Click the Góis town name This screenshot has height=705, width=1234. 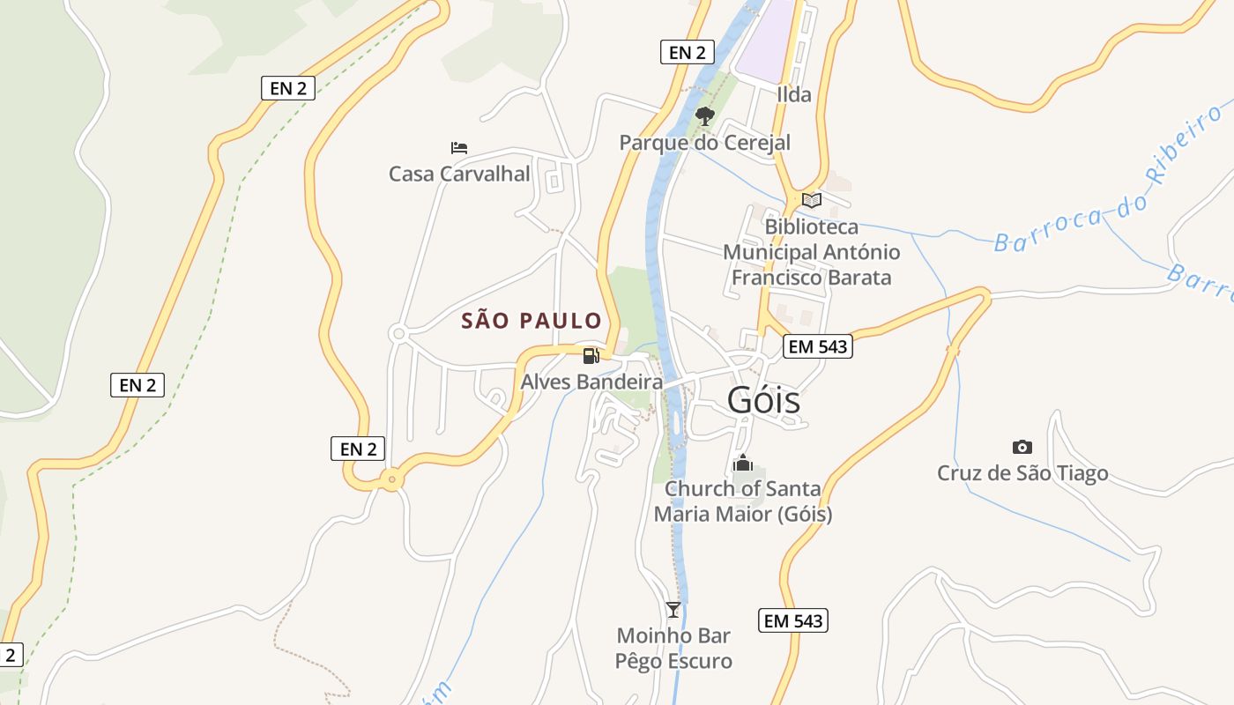tap(763, 400)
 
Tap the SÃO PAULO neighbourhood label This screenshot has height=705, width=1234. tap(532, 321)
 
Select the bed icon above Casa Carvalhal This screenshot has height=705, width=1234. tap(458, 147)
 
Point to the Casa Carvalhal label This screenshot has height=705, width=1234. tap(459, 174)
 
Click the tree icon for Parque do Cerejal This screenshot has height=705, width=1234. tap(704, 115)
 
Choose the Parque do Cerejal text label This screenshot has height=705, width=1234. tap(704, 143)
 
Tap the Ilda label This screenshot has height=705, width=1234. tap(793, 94)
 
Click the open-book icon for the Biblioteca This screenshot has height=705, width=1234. tap(811, 201)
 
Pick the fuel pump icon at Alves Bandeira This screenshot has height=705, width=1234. tap(591, 356)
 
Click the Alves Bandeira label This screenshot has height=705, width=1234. tap(591, 382)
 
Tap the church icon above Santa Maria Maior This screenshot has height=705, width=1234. tap(742, 463)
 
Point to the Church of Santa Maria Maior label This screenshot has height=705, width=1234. tap(742, 501)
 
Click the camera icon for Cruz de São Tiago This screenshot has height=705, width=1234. tap(1022, 447)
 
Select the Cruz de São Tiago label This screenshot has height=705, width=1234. tap(1022, 473)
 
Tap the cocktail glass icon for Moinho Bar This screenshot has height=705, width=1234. tap(673, 609)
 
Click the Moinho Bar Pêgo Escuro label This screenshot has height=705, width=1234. tap(673, 648)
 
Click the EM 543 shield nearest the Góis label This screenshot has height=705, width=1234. tap(817, 346)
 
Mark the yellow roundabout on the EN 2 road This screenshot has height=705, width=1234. tap(390, 480)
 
